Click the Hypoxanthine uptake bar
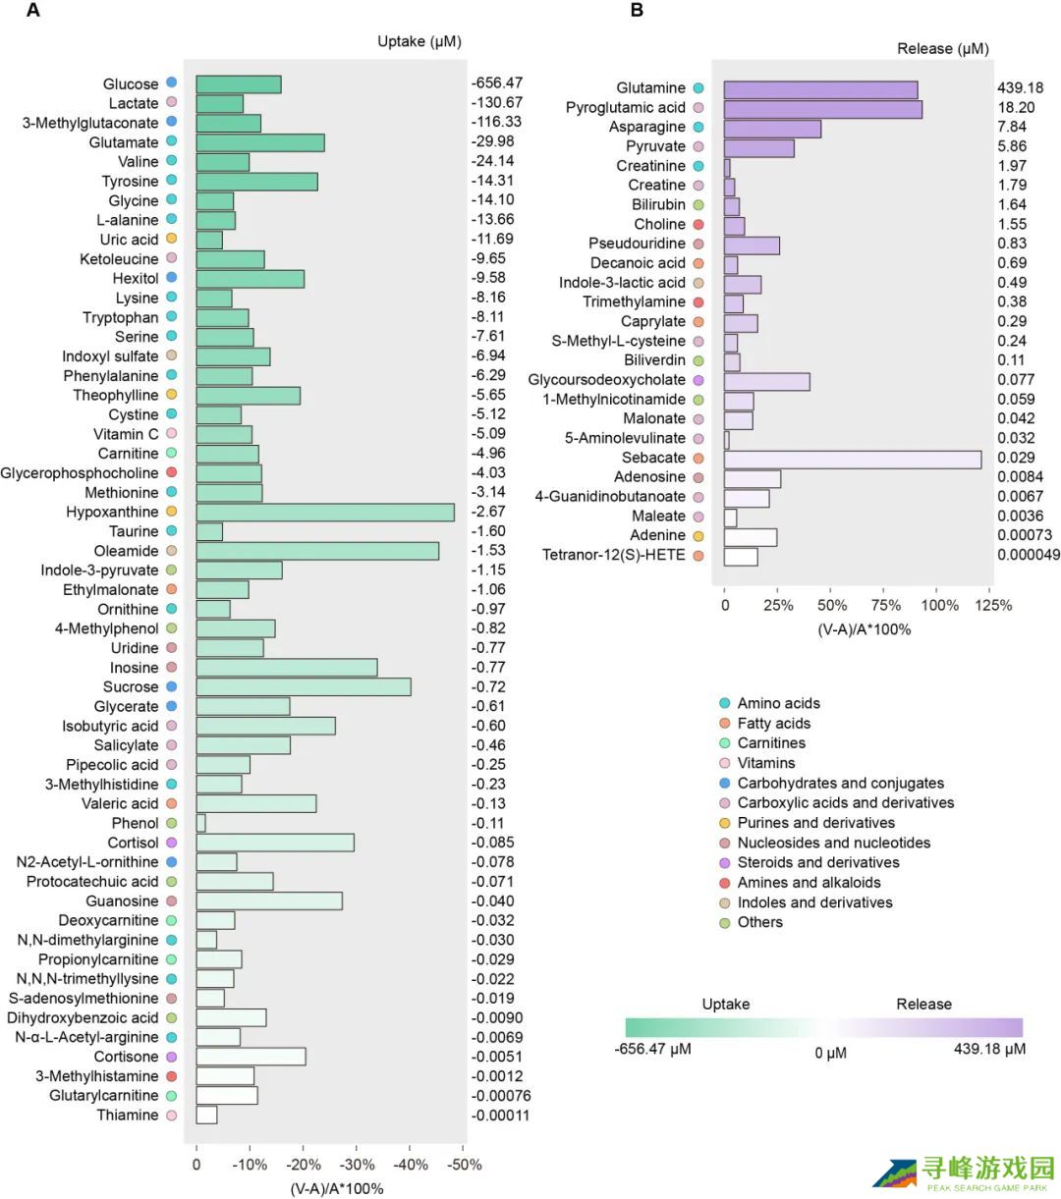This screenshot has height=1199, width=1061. pos(325,513)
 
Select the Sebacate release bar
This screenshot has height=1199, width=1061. pos(853,460)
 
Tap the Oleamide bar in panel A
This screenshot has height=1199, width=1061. pos(317,551)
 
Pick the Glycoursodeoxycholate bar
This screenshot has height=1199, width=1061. pos(766,382)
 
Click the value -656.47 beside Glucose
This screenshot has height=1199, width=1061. pos(497,82)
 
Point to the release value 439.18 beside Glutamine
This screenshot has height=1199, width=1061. pos(1020,87)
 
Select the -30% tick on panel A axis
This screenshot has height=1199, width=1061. pos(357,1165)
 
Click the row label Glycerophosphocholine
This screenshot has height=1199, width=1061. pos(80,473)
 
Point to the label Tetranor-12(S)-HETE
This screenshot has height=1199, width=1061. pos(613,555)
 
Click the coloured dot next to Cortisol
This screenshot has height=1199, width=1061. pos(172,843)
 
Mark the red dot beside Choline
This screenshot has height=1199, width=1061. pos(698,224)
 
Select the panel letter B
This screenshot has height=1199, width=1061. pos(637,10)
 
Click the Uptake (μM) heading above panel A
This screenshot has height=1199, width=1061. pos(419,41)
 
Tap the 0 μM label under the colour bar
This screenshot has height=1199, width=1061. pos(830,1054)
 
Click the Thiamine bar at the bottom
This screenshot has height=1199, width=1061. pos(206,1115)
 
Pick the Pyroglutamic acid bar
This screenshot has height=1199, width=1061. pos(823,109)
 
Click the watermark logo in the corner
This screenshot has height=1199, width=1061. pos(965,1172)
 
